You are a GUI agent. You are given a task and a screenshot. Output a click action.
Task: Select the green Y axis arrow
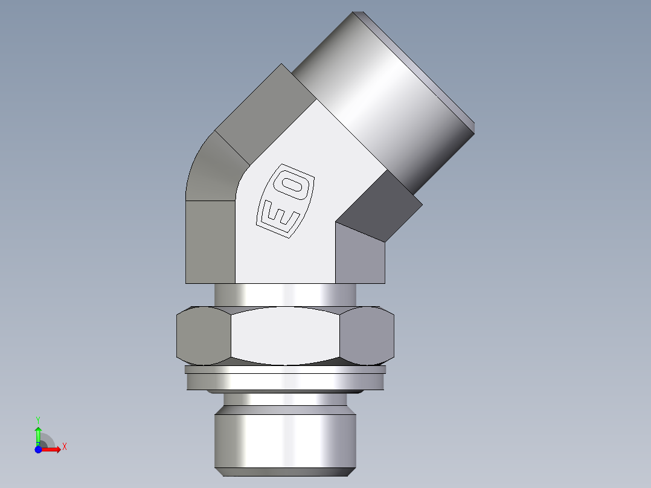(38, 434)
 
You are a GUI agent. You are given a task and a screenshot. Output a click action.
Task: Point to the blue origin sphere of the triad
(38, 449)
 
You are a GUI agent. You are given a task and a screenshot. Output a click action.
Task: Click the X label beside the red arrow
(64, 447)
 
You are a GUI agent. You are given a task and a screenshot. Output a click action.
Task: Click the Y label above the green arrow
(38, 419)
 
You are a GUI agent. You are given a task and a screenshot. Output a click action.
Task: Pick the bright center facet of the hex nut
(285, 336)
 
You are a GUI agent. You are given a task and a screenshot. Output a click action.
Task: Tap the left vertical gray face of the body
(210, 242)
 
